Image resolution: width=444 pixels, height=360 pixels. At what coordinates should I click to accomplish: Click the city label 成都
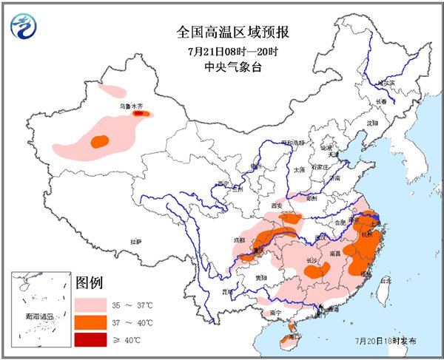pos(239,240)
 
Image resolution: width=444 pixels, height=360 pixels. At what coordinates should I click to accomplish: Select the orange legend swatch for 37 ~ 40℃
pos(90,322)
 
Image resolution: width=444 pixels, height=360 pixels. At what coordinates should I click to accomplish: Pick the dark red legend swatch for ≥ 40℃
pos(90,339)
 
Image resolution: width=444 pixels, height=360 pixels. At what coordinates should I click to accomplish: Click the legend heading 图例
pos(88,282)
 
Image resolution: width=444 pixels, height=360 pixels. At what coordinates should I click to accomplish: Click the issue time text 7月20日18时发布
pos(385,341)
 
